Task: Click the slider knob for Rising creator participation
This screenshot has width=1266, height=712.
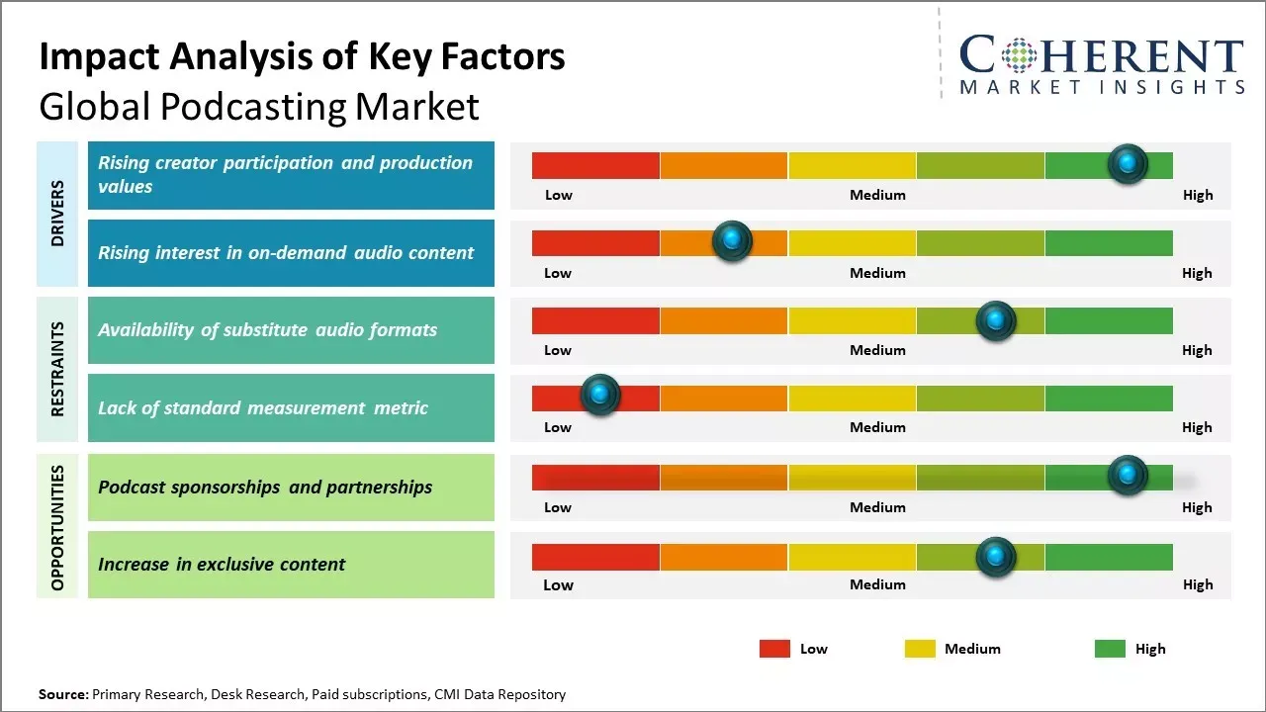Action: coord(1127,164)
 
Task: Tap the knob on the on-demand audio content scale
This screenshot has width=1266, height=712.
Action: coord(732,240)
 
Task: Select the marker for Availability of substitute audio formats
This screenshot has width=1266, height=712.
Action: coord(995,320)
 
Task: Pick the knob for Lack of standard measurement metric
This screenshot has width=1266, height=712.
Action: coord(599,395)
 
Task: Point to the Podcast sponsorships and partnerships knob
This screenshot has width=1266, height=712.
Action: coord(1127,476)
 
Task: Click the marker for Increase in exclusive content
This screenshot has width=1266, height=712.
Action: coord(995,557)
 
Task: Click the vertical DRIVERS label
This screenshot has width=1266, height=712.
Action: coord(57,214)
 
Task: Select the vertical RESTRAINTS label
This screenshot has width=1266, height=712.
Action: coord(57,369)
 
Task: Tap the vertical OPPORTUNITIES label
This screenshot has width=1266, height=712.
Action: coord(57,527)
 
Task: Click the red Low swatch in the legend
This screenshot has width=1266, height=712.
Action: coord(774,649)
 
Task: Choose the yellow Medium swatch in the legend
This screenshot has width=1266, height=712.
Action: coord(920,649)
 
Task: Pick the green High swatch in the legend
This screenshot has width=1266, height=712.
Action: coord(1110,649)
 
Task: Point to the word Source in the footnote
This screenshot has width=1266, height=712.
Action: coord(62,694)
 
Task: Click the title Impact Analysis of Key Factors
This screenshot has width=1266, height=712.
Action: coord(302,57)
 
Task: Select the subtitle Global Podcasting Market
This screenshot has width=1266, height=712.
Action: coord(259,107)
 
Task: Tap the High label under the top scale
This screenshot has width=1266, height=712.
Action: coord(1197,195)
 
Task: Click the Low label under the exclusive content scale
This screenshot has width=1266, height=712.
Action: coord(558,584)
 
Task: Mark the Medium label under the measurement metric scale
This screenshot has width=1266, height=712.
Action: coord(877,427)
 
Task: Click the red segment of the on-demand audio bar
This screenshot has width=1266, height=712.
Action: coord(595,242)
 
